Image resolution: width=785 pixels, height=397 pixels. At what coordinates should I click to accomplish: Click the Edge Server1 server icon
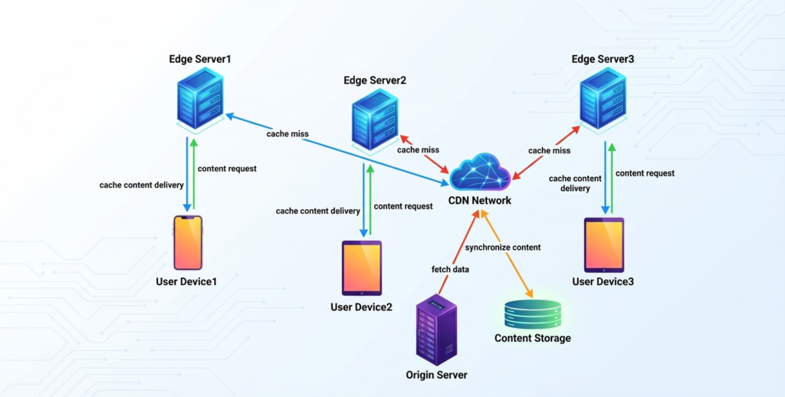(x=198, y=99)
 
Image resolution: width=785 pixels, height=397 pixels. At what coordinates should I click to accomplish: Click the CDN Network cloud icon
(x=480, y=172)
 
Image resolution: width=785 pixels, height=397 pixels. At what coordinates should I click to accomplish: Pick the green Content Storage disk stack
(x=533, y=313)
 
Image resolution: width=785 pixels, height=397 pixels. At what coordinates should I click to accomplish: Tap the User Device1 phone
(x=188, y=242)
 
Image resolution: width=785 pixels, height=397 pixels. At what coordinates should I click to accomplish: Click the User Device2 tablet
(x=362, y=267)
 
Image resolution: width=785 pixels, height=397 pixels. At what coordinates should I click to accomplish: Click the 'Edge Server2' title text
(x=375, y=80)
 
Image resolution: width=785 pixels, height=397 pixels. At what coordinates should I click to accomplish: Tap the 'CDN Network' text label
(x=480, y=201)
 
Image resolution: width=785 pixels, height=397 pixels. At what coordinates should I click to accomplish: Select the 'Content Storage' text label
(x=533, y=338)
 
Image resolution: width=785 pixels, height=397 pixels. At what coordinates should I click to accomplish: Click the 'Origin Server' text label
(x=436, y=375)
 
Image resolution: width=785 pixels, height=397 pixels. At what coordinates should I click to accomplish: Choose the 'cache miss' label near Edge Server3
(x=550, y=150)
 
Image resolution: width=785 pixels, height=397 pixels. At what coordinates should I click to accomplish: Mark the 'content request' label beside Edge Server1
(x=227, y=169)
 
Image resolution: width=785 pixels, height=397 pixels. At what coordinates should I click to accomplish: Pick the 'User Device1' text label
(x=187, y=281)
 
